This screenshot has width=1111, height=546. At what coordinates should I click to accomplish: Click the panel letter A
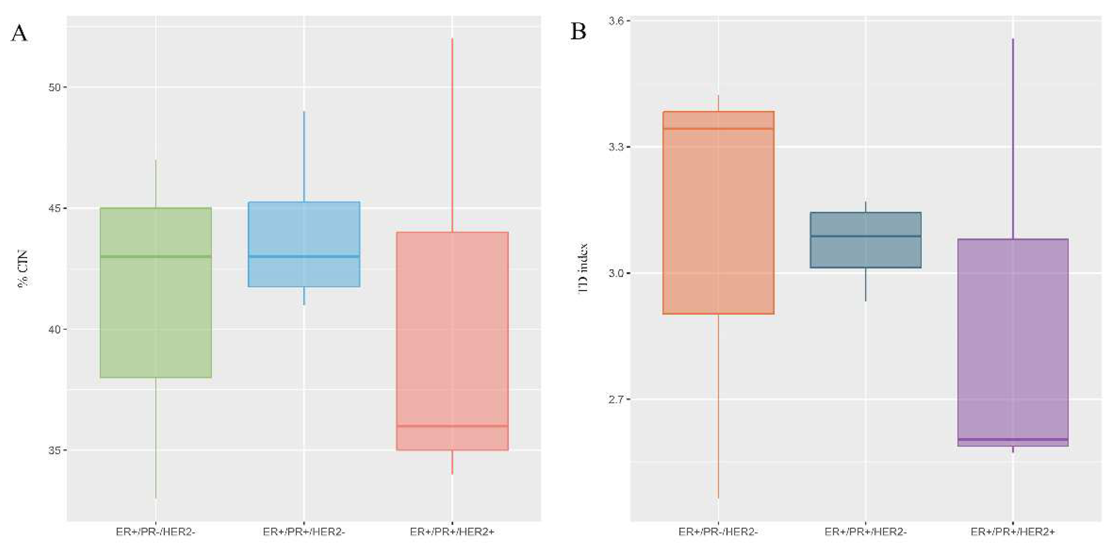tap(19, 33)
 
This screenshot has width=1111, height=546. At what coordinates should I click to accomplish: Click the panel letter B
tap(578, 32)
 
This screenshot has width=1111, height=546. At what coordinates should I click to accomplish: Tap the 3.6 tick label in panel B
tap(616, 21)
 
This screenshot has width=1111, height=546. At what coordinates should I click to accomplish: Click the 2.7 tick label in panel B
tap(616, 400)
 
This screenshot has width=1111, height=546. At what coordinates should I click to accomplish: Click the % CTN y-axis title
tap(23, 268)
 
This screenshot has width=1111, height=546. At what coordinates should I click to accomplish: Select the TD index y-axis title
tap(583, 268)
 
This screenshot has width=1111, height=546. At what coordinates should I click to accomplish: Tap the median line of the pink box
tap(452, 426)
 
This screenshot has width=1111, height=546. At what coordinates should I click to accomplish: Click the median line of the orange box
tap(718, 129)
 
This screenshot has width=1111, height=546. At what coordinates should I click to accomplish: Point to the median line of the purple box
tap(1013, 439)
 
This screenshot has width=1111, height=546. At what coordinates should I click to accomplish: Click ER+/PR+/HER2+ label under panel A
tap(452, 532)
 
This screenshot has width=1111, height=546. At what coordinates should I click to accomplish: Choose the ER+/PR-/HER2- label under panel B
tap(718, 532)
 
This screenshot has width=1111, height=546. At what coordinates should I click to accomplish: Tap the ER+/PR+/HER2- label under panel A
tap(304, 532)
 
